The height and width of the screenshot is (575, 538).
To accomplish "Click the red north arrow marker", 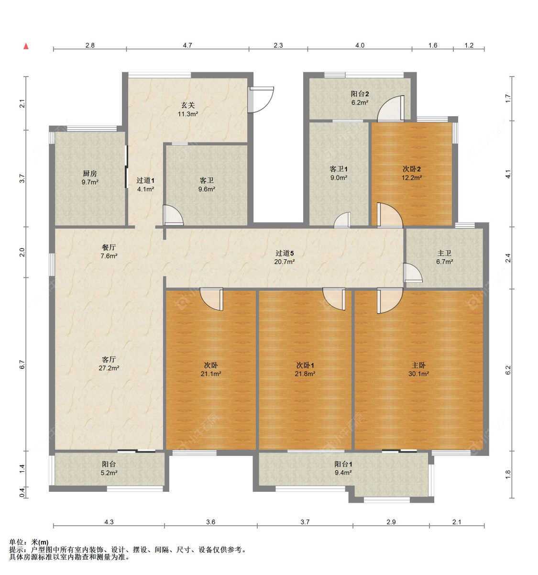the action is (26, 46).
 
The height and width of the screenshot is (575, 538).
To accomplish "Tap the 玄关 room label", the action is (188, 105).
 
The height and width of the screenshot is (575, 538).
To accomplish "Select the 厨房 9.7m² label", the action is (90, 178).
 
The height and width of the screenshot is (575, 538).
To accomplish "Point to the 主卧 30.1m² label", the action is (418, 369).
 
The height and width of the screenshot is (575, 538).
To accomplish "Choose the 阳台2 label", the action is (360, 94).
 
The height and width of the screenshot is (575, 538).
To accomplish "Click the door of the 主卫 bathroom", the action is (413, 273).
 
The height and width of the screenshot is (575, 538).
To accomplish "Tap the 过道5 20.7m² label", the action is (285, 257).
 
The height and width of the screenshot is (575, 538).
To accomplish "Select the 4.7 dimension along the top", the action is (187, 45).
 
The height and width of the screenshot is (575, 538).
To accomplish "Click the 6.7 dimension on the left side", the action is (22, 365).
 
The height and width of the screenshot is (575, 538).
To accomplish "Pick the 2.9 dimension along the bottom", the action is (391, 522).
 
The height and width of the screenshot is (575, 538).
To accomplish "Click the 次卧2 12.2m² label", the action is (411, 173).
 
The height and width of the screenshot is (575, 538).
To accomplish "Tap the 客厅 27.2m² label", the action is (109, 364).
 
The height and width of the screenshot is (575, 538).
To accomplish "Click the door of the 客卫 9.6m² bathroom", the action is (173, 215).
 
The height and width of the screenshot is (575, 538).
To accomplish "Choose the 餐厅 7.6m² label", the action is (109, 252).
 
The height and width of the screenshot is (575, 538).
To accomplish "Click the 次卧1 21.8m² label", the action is (305, 369).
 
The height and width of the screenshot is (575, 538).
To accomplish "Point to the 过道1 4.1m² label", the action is (145, 185).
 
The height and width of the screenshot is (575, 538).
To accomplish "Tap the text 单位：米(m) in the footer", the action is (29, 542).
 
